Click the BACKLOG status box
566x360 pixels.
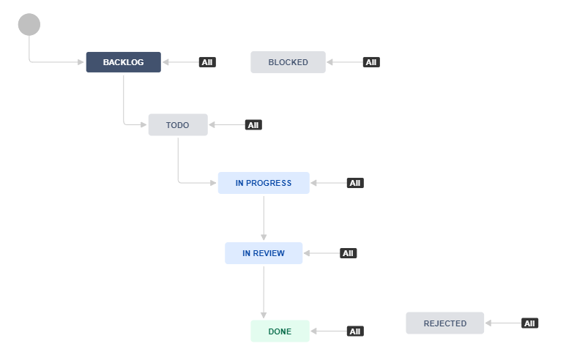(x=124, y=62)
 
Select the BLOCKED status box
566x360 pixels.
(x=288, y=62)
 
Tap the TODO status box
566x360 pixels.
(x=178, y=125)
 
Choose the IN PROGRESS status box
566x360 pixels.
(x=264, y=183)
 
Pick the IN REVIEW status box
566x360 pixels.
(x=264, y=253)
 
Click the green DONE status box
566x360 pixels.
(x=280, y=331)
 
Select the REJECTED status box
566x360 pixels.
(x=444, y=323)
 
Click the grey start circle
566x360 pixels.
(x=29, y=25)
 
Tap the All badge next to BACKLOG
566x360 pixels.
(x=207, y=62)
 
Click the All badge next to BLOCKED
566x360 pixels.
(x=371, y=62)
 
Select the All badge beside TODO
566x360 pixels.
(x=253, y=125)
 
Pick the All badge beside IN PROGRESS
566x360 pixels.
(x=355, y=183)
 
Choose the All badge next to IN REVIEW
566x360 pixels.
(x=348, y=253)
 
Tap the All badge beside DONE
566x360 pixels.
(x=355, y=331)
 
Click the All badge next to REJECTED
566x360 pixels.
(x=529, y=323)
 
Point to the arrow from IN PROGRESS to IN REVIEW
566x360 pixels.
(x=264, y=218)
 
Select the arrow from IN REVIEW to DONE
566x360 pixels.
(x=264, y=292)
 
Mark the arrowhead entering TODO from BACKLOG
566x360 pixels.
(x=144, y=125)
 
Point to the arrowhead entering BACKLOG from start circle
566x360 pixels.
(x=81, y=62)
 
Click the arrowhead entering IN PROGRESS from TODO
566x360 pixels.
(x=213, y=183)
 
